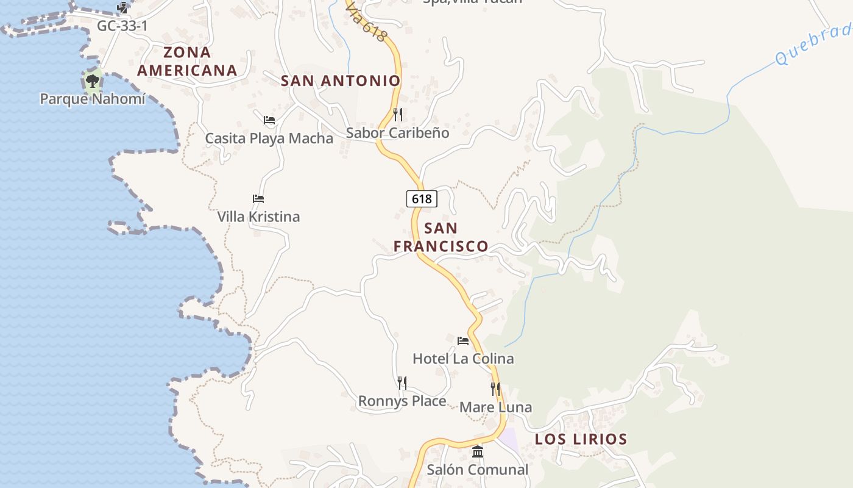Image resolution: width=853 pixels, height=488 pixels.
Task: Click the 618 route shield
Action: tap(422, 199)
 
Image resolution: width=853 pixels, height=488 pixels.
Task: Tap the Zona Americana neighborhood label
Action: tap(187, 62)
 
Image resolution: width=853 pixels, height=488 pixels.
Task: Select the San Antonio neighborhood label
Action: tap(341, 81)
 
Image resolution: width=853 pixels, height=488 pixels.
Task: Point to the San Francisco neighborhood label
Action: tap(441, 237)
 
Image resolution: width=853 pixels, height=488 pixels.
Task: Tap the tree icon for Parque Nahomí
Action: tap(93, 81)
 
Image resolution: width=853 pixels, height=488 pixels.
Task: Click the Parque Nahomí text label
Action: tap(93, 99)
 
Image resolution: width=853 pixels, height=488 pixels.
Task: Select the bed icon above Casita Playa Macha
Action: tap(269, 120)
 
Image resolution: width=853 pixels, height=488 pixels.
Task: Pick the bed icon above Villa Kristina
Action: tap(258, 199)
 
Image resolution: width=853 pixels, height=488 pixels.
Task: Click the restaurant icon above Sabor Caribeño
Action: tap(397, 114)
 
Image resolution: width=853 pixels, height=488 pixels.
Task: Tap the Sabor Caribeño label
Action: tap(397, 133)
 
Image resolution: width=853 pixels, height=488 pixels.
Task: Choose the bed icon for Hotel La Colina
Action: tap(463, 340)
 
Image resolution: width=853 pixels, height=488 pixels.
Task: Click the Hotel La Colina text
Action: tap(463, 359)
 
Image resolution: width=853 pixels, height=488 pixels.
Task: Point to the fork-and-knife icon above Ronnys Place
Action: tap(402, 382)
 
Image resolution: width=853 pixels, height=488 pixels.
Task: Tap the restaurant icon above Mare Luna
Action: tap(495, 389)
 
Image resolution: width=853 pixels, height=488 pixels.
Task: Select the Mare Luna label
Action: tap(495, 407)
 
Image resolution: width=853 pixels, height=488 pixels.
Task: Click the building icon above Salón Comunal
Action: tap(478, 452)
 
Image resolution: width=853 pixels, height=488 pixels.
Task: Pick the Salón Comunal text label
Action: tap(478, 470)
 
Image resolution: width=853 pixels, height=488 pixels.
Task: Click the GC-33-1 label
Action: tap(122, 26)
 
